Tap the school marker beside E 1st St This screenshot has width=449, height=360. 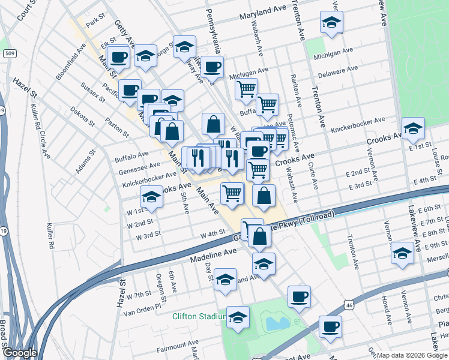tap(413, 129)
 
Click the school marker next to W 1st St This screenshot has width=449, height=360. tap(152, 197)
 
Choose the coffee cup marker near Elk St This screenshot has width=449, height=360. tap(119, 57)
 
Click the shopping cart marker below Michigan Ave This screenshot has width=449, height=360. tap(246, 89)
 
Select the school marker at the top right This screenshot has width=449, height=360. tap(330, 24)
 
